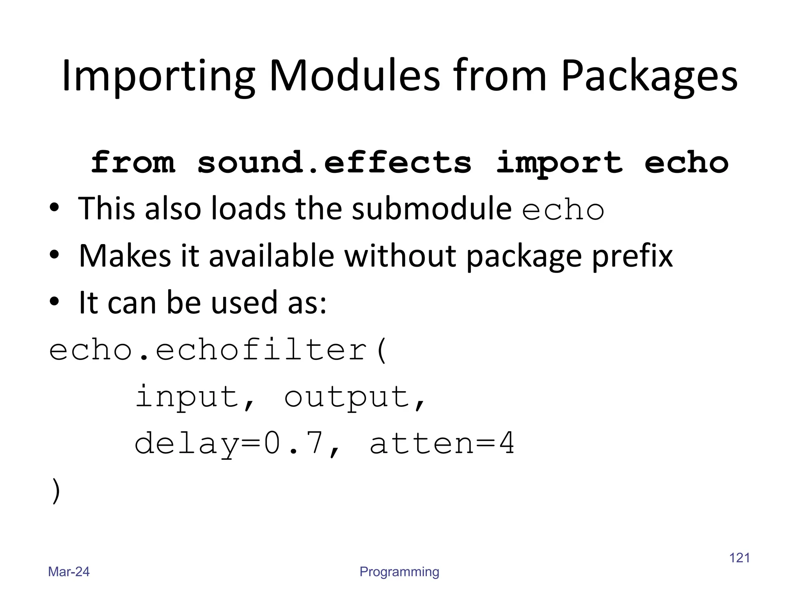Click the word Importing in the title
coord(158,76)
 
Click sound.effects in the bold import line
coord(334,163)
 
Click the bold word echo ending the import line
coord(686,163)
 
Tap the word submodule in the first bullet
coord(431,209)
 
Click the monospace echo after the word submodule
coord(563,210)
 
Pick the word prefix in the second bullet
coord(632,257)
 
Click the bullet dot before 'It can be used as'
coord(54,301)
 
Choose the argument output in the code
coord(346,397)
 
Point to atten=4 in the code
coord(442,443)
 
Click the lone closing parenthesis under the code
coord(56,491)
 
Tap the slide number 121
coord(739,558)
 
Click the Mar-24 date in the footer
coord(69,572)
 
